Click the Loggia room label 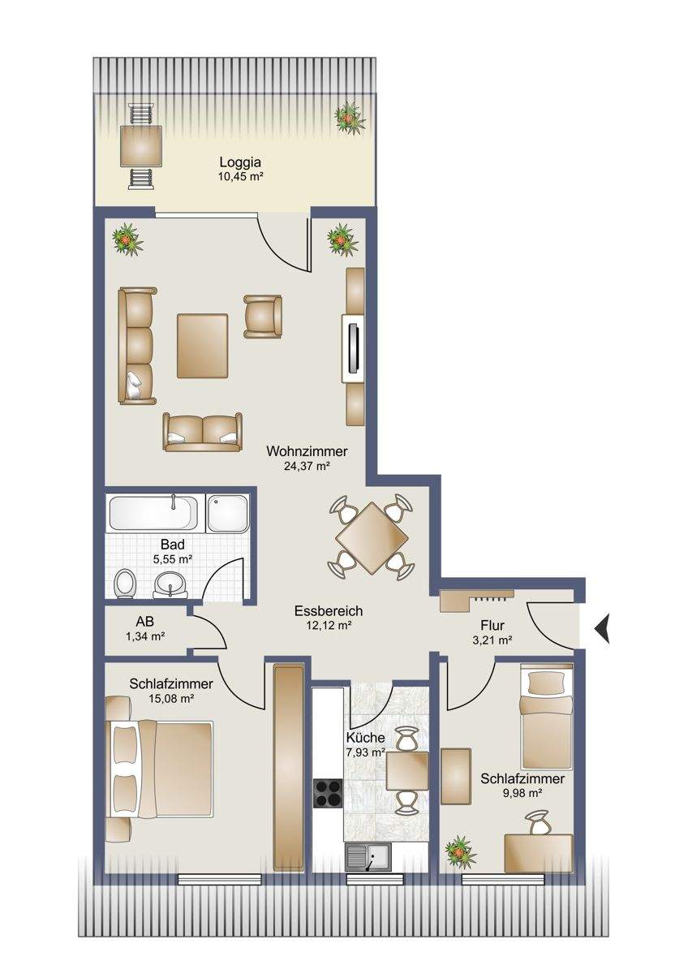tap(240, 162)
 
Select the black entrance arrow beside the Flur tap(601, 628)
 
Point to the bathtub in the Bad tap(155, 513)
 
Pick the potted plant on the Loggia tap(349, 118)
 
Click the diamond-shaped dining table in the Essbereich tap(372, 537)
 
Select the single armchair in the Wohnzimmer tap(263, 317)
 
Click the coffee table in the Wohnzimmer tap(202, 346)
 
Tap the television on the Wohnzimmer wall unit tap(355, 347)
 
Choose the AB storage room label tap(144, 622)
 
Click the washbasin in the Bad tap(171, 584)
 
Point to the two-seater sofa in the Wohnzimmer tap(203, 432)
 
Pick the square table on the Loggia tap(141, 145)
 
